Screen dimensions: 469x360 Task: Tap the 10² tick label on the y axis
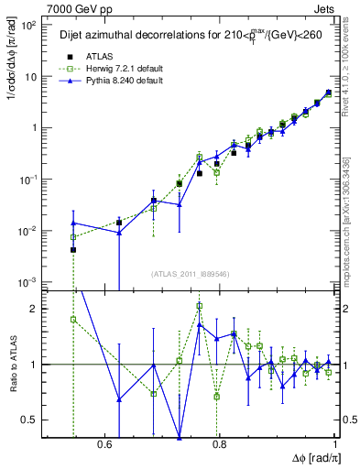(x=33, y=25)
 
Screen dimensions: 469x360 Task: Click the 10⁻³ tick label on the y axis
(x=33, y=281)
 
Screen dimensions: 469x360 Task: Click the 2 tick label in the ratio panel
(x=37, y=309)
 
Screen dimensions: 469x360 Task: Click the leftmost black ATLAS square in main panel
(x=73, y=249)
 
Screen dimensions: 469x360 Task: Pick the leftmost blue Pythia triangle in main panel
(x=73, y=223)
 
